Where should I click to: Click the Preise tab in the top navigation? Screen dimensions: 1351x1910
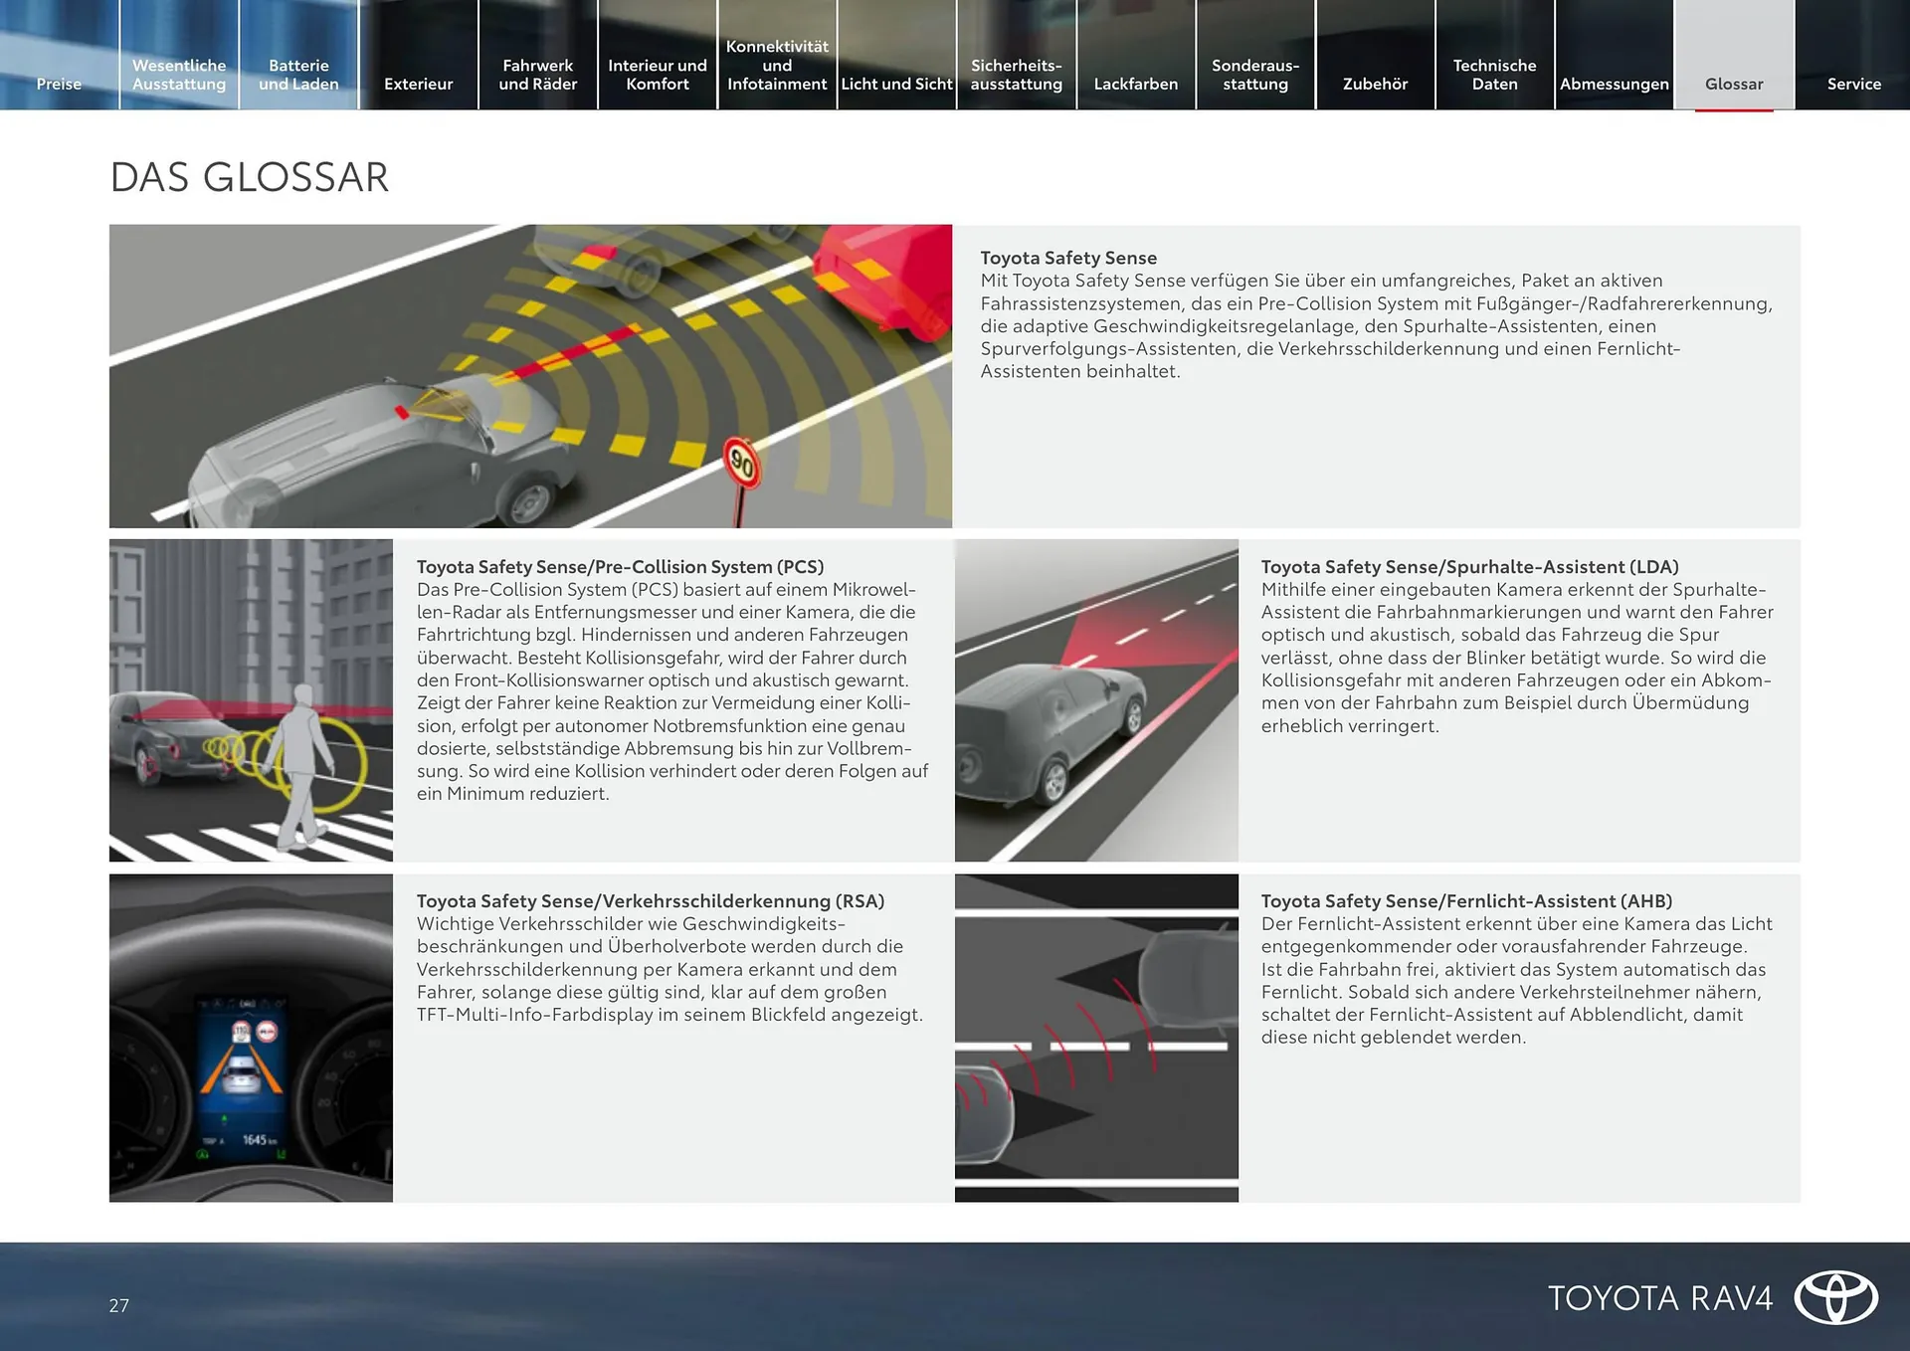coord(59,84)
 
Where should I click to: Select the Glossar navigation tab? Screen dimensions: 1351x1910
coord(1734,84)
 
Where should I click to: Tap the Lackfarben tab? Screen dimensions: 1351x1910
coord(1136,84)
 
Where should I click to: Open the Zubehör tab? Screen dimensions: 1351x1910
coord(1375,84)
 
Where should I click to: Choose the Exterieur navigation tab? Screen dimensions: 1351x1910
coord(418,84)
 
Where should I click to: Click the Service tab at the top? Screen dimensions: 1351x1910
coord(1853,84)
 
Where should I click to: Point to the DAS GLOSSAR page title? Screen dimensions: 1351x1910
coord(249,178)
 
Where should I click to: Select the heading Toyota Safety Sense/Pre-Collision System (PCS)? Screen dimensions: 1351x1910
coord(620,567)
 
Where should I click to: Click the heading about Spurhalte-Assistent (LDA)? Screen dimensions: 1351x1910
coord(1469,567)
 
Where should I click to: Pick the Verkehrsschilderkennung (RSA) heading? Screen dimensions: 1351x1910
coord(650,901)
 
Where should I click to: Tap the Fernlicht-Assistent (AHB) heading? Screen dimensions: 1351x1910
coord(1466,901)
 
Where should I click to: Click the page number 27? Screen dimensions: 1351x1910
coord(119,1306)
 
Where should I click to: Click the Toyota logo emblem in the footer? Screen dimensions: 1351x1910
coord(1835,1298)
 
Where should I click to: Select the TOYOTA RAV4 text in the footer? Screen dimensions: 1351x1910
coord(1660,1298)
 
